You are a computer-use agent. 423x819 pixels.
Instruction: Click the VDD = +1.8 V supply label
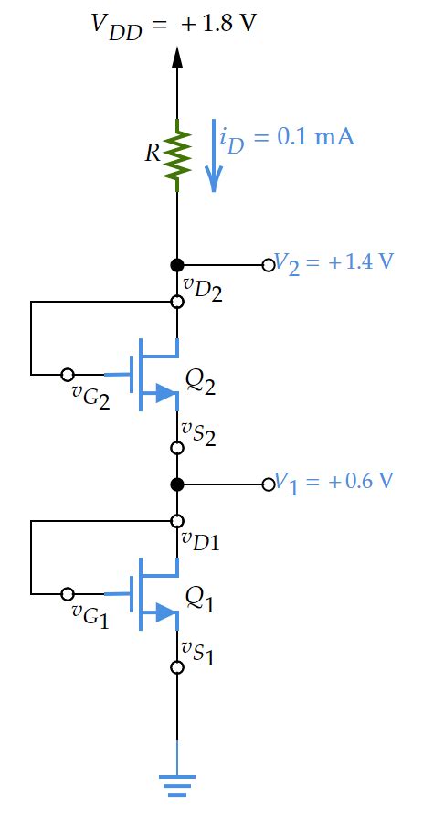[174, 23]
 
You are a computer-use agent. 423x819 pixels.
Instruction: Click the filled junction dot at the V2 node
[177, 264]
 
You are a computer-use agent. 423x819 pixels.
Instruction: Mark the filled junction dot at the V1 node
[177, 484]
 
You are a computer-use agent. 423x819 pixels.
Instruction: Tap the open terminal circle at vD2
[177, 301]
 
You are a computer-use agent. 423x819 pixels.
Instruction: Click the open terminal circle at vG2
[67, 375]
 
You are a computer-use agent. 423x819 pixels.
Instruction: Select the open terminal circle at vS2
[177, 448]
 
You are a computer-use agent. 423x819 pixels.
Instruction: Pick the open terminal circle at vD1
[177, 521]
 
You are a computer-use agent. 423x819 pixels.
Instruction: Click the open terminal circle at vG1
[67, 594]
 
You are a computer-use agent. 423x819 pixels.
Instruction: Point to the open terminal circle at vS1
[177, 667]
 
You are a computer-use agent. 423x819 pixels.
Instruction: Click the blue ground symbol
[177, 782]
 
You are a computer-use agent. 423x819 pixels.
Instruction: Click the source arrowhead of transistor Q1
[165, 612]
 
